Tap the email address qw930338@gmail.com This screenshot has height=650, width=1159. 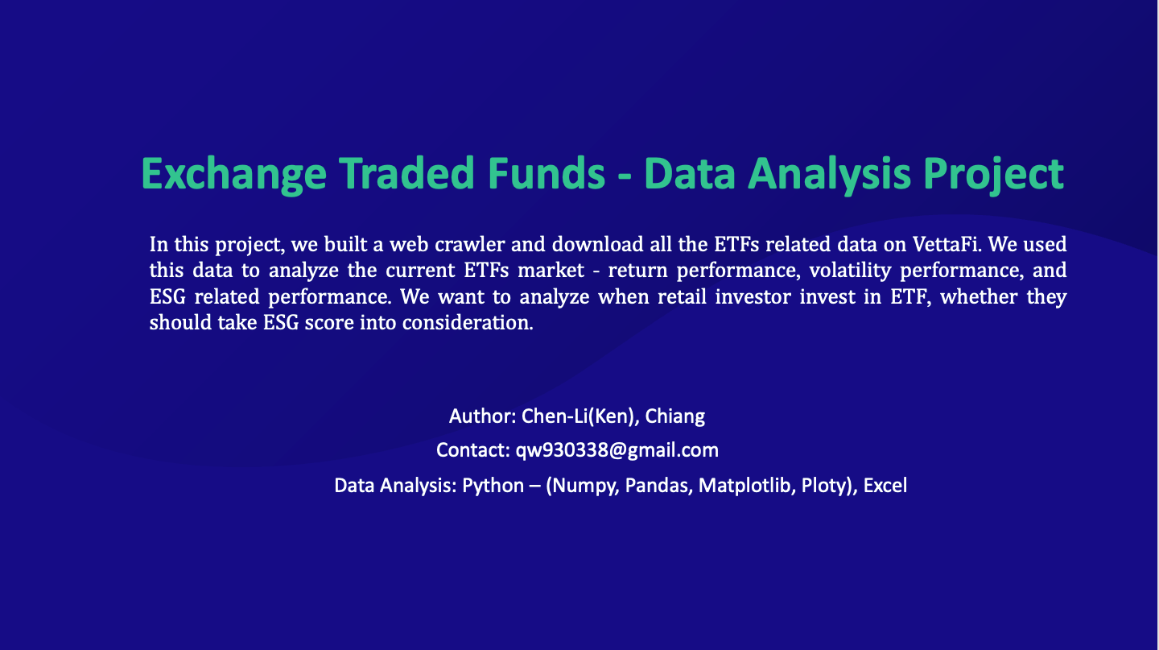[x=617, y=450]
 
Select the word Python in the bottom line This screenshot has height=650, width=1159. [x=493, y=486]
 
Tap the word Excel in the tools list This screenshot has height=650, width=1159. [x=885, y=486]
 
